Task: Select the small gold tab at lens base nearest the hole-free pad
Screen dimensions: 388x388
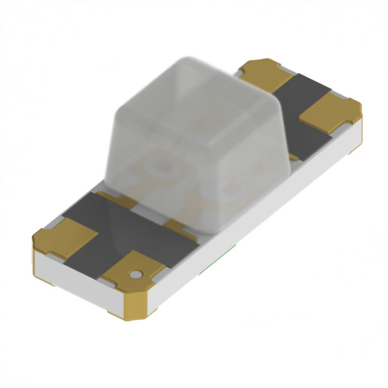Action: [x=115, y=199]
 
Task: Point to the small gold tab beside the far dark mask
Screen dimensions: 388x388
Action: [x=293, y=156]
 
